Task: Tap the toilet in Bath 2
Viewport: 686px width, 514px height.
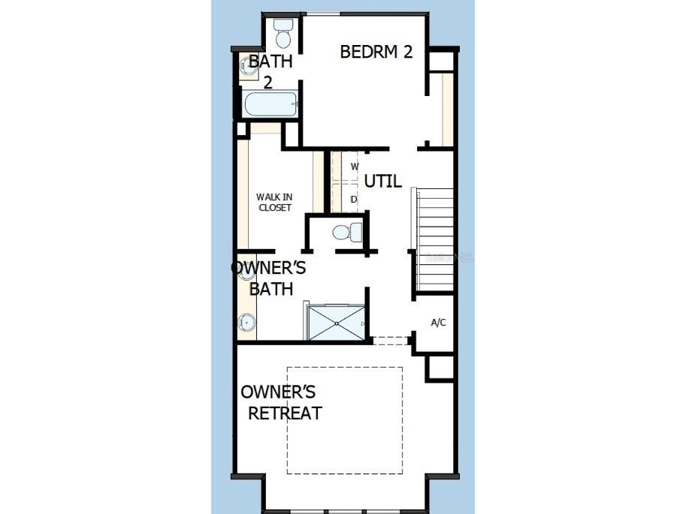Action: (283, 33)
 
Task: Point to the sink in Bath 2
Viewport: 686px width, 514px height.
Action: (248, 67)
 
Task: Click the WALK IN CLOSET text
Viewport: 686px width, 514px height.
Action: (274, 202)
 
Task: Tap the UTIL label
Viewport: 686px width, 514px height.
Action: (382, 182)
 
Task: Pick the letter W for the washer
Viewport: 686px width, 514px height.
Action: (355, 166)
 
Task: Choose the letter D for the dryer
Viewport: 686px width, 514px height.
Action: (354, 200)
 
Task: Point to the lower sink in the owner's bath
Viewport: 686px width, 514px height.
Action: (246, 323)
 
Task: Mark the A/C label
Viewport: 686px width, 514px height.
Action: (438, 323)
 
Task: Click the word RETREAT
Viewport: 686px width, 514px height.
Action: (285, 413)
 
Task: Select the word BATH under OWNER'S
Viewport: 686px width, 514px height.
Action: (270, 289)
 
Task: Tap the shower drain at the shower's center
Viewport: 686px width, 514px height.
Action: (337, 323)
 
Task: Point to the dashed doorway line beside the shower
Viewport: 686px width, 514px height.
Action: (390, 341)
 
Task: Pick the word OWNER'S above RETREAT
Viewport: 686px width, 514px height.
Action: (278, 392)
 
